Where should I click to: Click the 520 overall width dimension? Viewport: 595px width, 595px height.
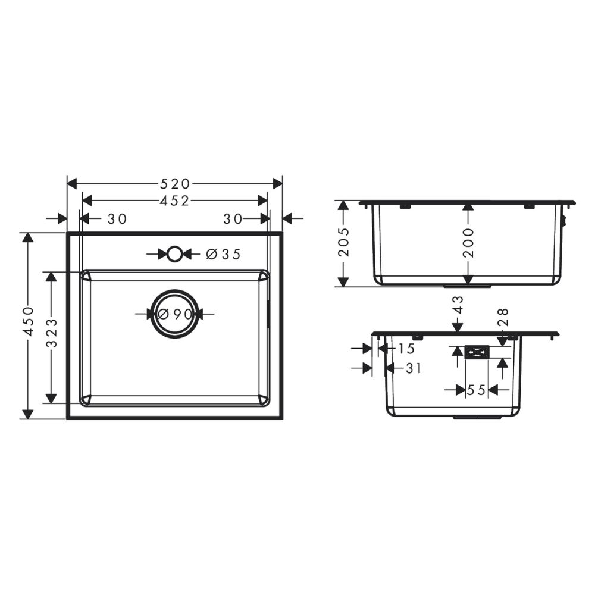click(x=175, y=184)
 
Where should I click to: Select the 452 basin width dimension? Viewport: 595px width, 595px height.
click(x=175, y=201)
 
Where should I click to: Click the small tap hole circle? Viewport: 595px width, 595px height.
click(x=174, y=254)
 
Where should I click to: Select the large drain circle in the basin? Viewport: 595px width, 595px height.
click(x=174, y=314)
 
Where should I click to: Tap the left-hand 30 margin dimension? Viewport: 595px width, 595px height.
click(x=117, y=219)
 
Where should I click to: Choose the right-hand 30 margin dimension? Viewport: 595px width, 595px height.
click(x=233, y=219)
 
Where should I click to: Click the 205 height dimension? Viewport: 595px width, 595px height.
click(x=344, y=243)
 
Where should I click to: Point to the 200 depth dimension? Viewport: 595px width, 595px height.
click(x=469, y=243)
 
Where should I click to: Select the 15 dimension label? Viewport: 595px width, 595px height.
click(x=407, y=348)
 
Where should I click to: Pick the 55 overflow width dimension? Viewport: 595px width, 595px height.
click(x=476, y=390)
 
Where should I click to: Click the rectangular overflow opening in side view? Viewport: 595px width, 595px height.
click(x=477, y=353)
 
